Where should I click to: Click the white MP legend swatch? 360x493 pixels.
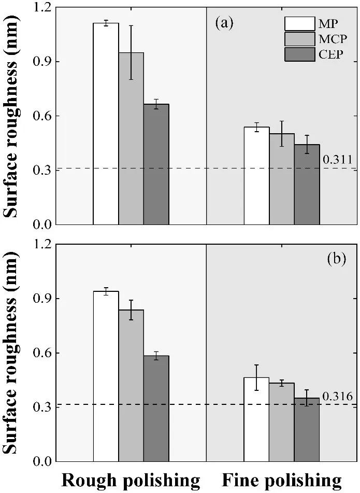(299, 24)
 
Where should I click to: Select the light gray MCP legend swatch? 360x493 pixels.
(299, 38)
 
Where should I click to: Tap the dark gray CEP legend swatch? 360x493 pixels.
(299, 53)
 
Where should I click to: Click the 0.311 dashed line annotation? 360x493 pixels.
(338, 159)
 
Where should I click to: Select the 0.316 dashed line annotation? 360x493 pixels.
(338, 397)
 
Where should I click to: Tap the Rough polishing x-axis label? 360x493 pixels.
(131, 481)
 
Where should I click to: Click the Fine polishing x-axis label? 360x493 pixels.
(282, 481)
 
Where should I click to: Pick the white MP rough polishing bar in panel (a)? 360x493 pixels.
(106, 124)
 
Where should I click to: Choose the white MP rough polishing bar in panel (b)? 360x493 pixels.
(106, 376)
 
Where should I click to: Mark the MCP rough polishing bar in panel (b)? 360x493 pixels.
(131, 386)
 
